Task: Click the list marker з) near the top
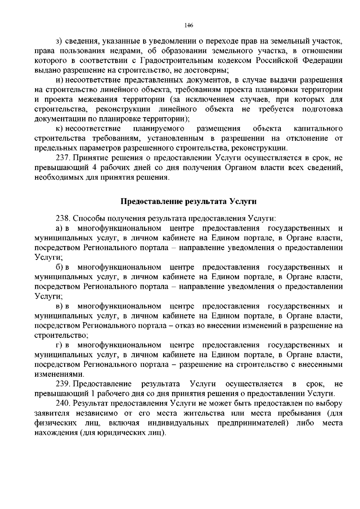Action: (x=59, y=40)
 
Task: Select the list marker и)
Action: (x=59, y=80)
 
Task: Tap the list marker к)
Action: (x=59, y=129)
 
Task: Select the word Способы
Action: (x=86, y=218)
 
